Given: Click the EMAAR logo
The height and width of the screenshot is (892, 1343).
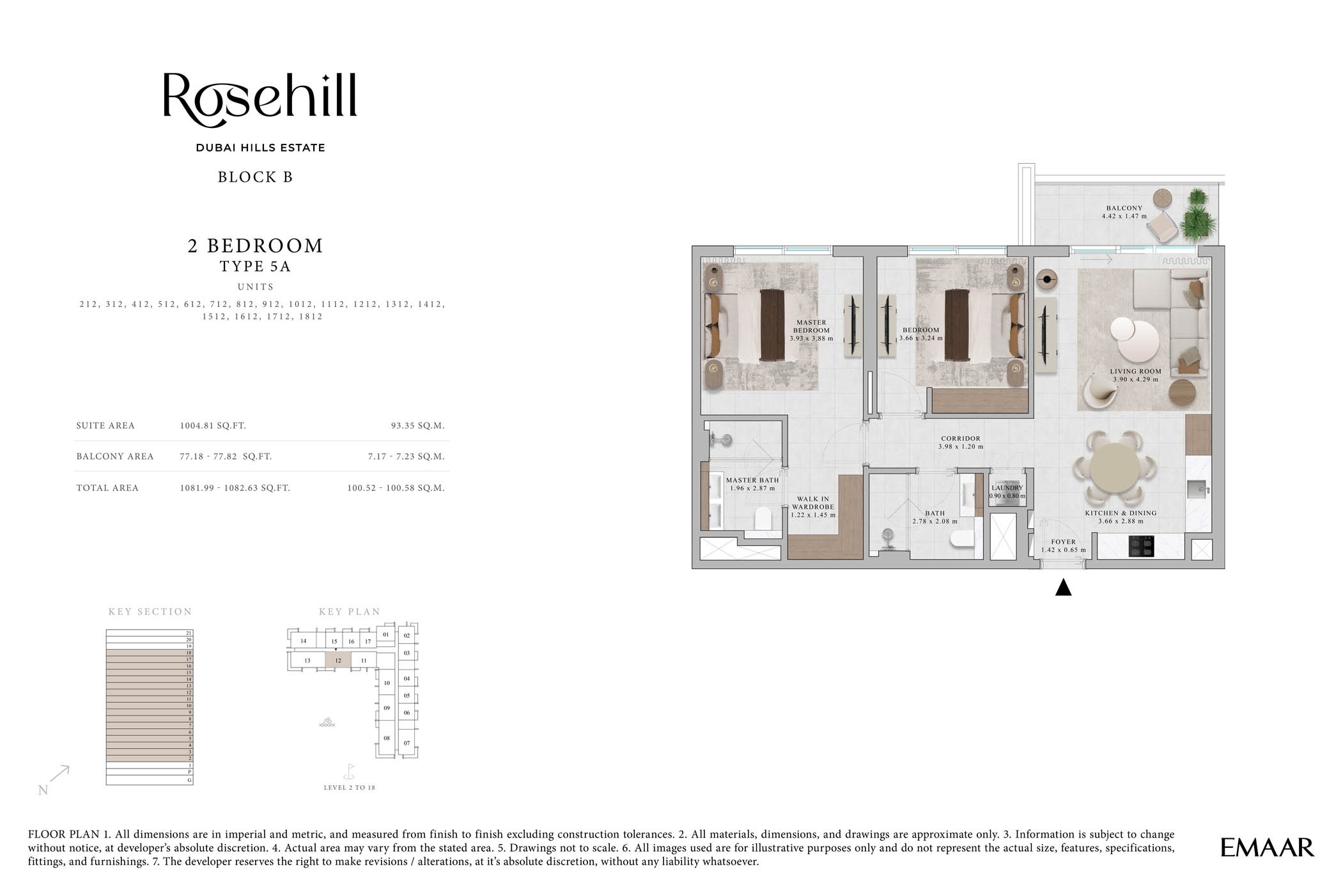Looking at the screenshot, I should coord(1267,848).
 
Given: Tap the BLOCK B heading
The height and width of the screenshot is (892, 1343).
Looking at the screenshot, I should coord(255,177).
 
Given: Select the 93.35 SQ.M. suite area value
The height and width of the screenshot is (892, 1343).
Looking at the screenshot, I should coord(417,426).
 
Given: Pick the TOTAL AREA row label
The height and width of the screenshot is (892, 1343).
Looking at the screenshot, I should coord(107,488).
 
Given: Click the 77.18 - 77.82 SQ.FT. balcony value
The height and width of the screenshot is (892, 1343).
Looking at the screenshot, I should coord(226,457).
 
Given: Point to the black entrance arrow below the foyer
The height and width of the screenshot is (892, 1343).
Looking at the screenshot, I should coord(1063,588).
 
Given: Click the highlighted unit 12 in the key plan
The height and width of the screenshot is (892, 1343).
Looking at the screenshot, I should coord(338,661).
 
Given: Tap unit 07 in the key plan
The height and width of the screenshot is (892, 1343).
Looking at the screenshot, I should coord(407,743).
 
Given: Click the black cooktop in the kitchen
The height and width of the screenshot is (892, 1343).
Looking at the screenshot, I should coord(1141,547).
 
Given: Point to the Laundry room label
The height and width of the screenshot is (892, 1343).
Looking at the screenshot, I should coord(1007,488).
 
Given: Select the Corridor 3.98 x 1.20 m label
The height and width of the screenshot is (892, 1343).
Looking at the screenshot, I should coord(960,442).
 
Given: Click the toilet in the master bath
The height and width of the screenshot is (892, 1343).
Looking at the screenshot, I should coord(764,519).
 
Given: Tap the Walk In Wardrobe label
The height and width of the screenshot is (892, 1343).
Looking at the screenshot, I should coord(812,506).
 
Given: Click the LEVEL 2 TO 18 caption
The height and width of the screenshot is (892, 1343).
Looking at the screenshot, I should coord(349,788).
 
